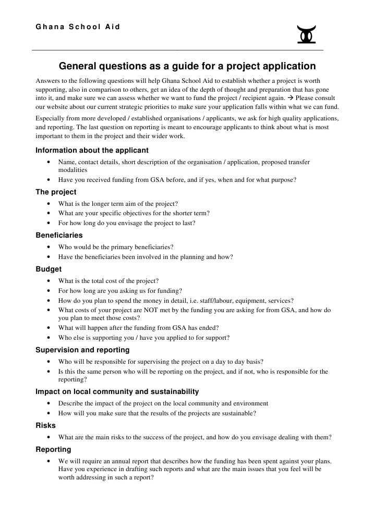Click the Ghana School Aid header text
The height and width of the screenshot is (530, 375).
tap(78, 27)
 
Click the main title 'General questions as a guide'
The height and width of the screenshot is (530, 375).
tap(187, 66)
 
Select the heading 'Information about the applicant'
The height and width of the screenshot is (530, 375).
tap(92, 150)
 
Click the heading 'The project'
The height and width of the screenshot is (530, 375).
tap(56, 192)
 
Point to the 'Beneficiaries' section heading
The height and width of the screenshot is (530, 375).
tap(59, 235)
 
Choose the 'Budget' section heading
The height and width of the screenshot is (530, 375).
tap(49, 269)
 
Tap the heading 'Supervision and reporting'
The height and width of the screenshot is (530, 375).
tap(82, 350)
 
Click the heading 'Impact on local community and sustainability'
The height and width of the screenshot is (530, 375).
tap(117, 391)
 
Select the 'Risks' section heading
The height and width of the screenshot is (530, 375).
tap(45, 425)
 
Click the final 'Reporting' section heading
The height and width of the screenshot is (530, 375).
tap(53, 449)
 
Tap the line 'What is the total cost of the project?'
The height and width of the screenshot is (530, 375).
tap(108, 281)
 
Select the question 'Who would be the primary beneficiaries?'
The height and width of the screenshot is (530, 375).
tap(116, 247)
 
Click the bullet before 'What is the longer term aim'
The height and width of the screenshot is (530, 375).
tap(49, 204)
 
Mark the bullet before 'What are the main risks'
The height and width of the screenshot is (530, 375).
tap(49, 437)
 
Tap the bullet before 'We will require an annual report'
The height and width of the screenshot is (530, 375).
tap(49, 461)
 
